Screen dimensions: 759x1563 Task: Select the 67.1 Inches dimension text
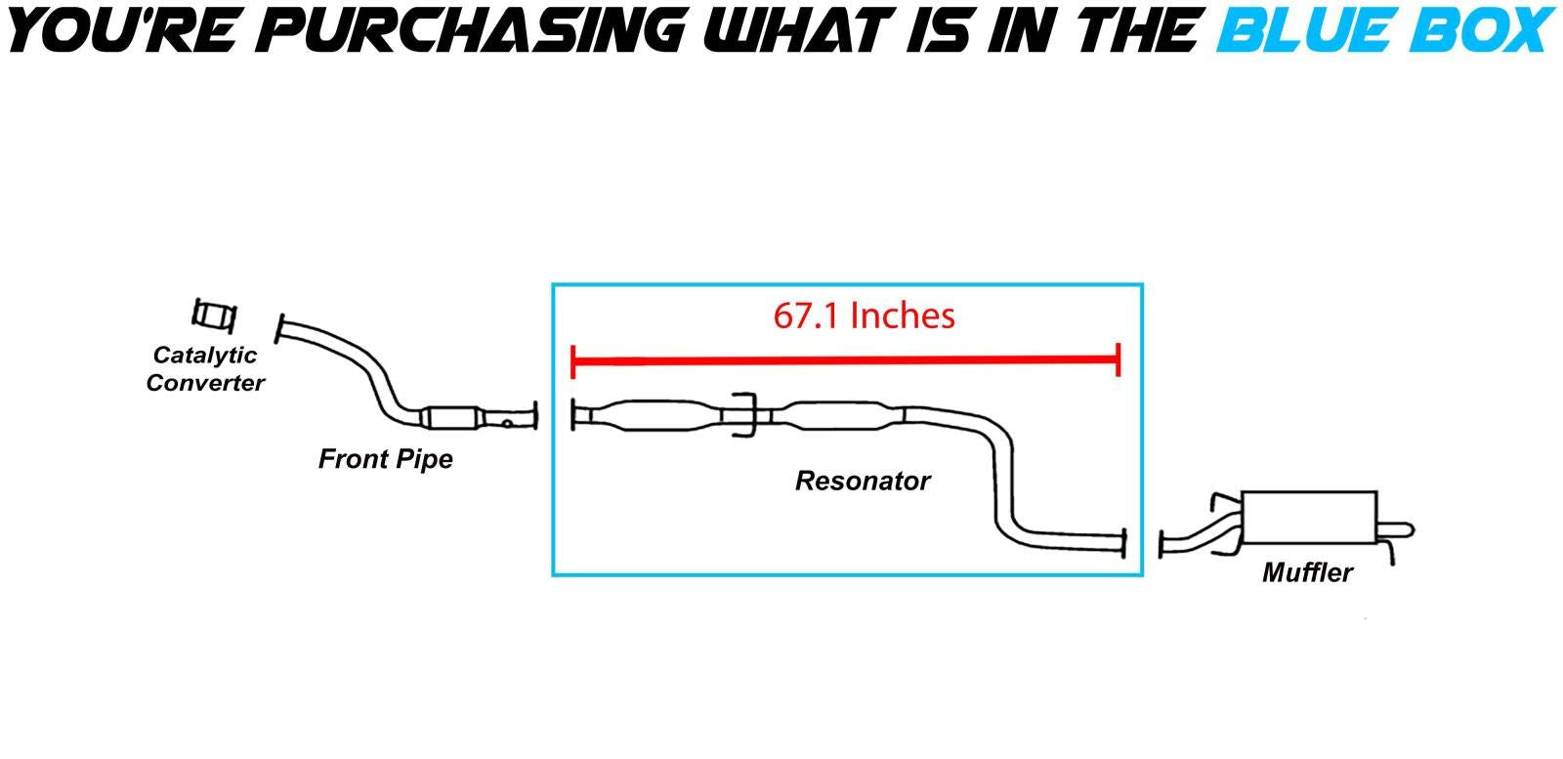(x=864, y=316)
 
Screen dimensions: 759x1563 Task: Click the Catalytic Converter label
(x=205, y=369)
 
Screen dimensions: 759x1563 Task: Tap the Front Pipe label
(x=385, y=458)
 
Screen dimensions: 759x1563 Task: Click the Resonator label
(x=862, y=481)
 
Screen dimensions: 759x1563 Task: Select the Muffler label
(x=1307, y=572)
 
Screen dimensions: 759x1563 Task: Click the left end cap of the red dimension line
(x=573, y=360)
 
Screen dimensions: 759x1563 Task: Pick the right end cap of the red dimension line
(x=1118, y=360)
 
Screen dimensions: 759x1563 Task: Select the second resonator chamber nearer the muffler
(x=836, y=416)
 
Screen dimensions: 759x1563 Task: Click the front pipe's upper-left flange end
(x=280, y=328)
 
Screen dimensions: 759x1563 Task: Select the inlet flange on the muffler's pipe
(x=1162, y=545)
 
